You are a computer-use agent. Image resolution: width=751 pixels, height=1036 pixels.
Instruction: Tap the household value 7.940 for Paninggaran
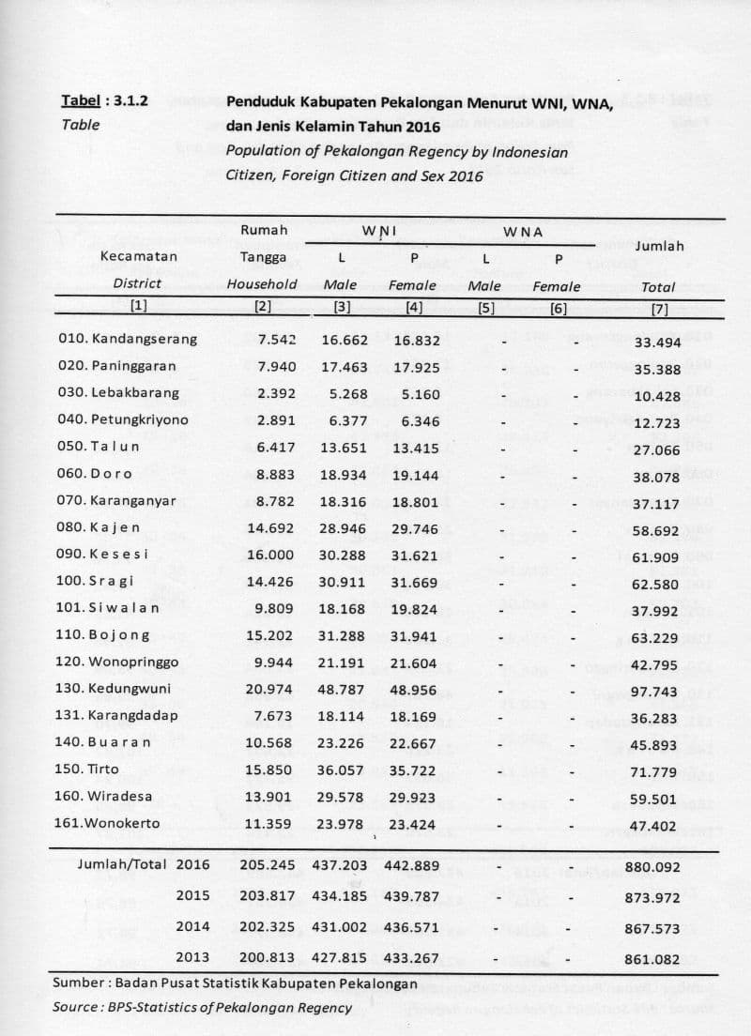pyautogui.click(x=276, y=366)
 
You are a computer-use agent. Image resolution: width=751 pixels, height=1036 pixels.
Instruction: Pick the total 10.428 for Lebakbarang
pyautogui.click(x=656, y=396)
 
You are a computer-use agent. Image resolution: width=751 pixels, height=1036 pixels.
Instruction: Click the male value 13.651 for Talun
pyautogui.click(x=343, y=447)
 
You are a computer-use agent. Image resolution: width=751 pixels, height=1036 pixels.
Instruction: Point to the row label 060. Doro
pyautogui.click(x=94, y=474)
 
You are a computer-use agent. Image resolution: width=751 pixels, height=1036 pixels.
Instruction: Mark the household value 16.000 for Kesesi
pyautogui.click(x=271, y=556)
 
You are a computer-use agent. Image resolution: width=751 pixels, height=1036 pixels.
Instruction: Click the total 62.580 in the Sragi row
pyautogui.click(x=655, y=584)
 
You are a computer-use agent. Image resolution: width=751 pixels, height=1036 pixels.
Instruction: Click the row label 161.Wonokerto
pyautogui.click(x=108, y=824)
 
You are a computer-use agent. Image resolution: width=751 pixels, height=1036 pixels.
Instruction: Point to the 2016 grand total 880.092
pyautogui.click(x=651, y=867)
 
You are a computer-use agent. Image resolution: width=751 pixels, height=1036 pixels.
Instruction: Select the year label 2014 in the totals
pyautogui.click(x=192, y=926)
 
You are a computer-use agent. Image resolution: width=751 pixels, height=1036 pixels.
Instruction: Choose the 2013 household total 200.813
pyautogui.click(x=267, y=958)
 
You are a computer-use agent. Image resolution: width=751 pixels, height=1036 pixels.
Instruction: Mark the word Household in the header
pyautogui.click(x=262, y=283)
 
